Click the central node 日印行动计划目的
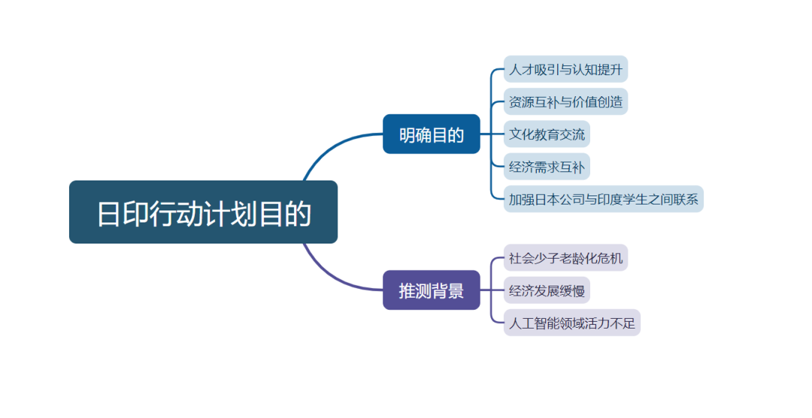pos(203,212)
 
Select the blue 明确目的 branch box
pos(431,135)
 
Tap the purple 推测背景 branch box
pos(431,290)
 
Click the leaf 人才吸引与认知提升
pos(565,70)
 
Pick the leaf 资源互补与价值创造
pos(565,102)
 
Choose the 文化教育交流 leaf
pos(547,135)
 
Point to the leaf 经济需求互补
pos(547,167)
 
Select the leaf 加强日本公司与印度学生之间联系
pos(603,199)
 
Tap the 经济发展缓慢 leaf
pos(547,291)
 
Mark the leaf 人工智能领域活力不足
pos(571,323)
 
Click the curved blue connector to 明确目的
pos(331,147)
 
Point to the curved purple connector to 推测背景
pos(331,276)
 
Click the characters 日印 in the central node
pos(123,214)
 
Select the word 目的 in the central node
pos(285,214)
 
